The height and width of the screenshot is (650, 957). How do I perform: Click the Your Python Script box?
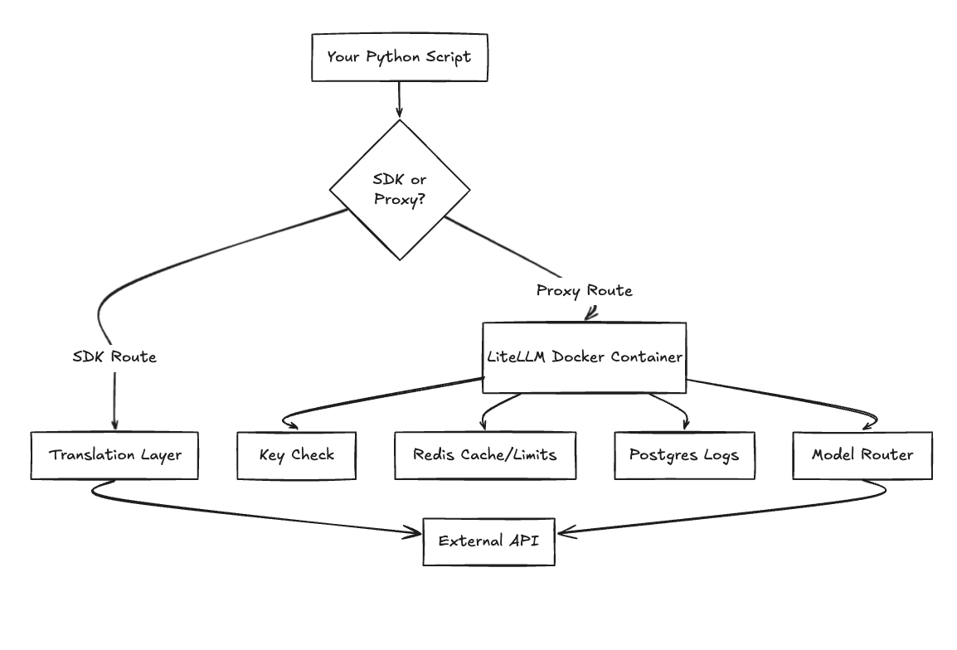[399, 57]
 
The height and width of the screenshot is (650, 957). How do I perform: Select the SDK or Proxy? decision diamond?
[400, 190]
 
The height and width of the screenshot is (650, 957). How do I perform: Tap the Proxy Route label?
[584, 290]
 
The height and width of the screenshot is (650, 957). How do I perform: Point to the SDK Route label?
[114, 357]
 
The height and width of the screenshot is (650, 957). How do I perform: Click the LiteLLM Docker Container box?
[585, 357]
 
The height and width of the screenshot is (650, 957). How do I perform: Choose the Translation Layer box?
[114, 455]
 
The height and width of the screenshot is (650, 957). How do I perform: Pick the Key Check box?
[296, 455]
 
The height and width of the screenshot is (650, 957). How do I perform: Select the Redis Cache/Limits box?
[485, 455]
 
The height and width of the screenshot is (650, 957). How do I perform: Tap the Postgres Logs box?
[684, 455]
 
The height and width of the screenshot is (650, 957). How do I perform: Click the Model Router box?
[862, 455]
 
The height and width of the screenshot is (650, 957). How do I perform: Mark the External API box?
[488, 541]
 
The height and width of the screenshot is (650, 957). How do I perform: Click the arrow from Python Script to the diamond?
[400, 99]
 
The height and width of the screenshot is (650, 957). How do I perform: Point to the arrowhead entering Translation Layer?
[114, 425]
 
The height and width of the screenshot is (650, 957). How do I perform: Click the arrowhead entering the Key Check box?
[289, 424]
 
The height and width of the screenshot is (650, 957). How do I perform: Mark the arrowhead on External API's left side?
[415, 533]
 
